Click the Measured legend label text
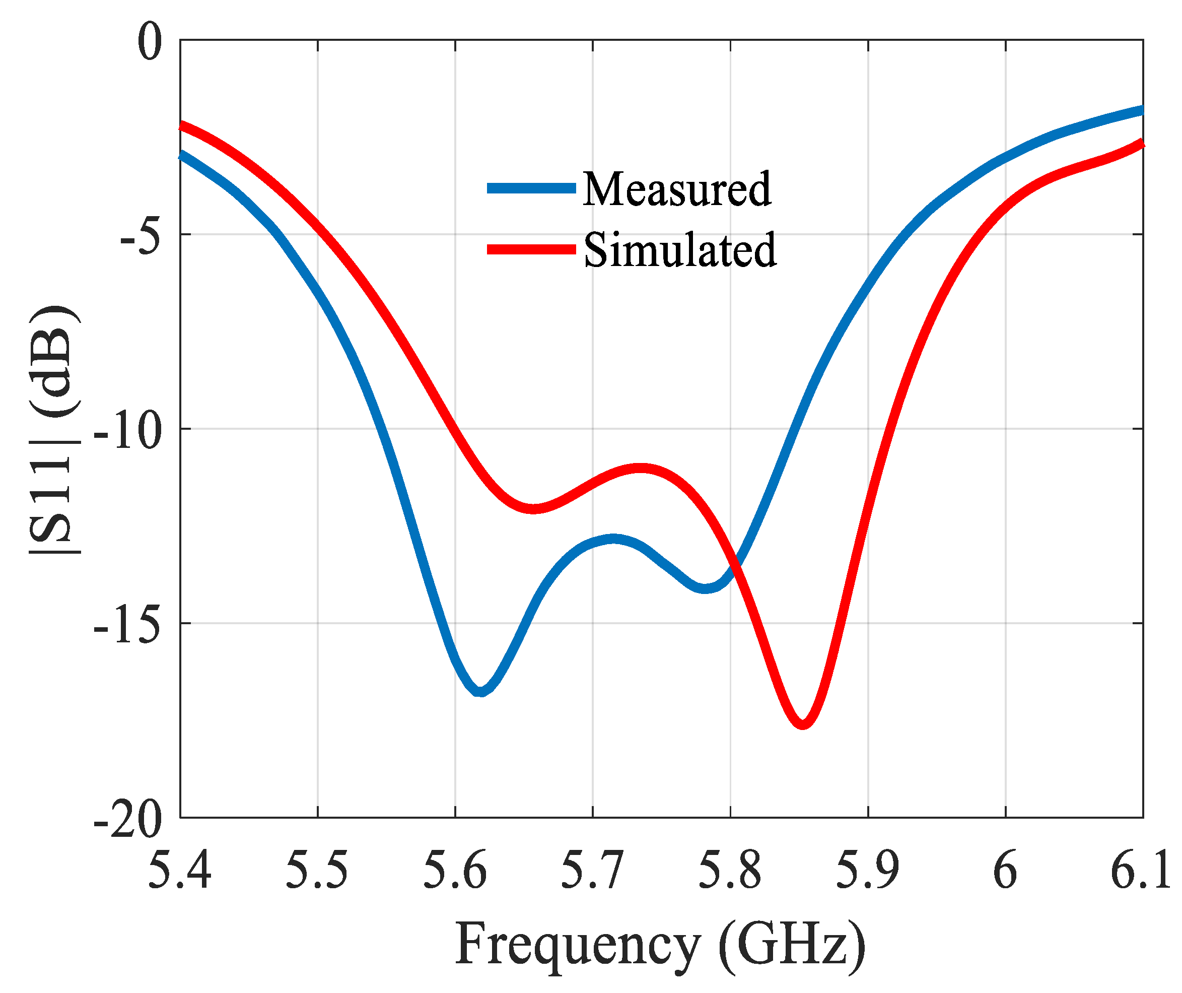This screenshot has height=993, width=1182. (676, 189)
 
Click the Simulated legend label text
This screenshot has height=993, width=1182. (680, 250)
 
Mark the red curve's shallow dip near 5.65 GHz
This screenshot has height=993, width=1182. (534, 509)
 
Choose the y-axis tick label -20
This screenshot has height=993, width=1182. (127, 821)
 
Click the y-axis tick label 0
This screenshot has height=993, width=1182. (150, 43)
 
